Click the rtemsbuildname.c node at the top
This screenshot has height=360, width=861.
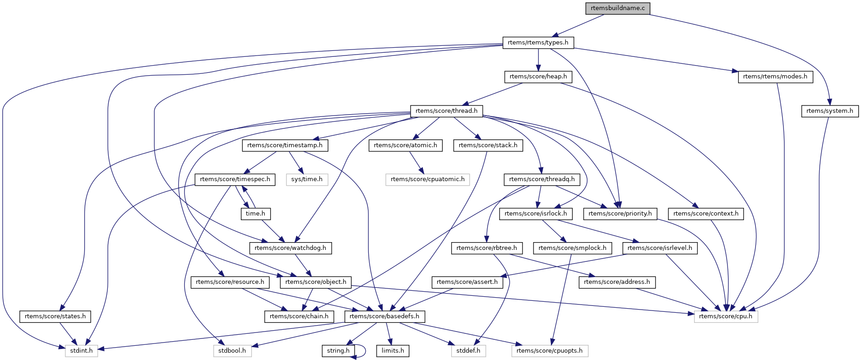(x=617, y=8)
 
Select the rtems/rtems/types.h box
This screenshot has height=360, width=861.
(x=538, y=43)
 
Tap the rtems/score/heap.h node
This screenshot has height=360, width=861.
(x=538, y=77)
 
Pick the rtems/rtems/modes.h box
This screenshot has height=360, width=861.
(x=775, y=77)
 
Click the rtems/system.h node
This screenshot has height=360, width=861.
(x=829, y=111)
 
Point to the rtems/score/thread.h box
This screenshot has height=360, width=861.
(x=446, y=111)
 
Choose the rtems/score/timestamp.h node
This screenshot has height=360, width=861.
(x=285, y=145)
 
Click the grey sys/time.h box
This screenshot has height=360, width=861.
(x=307, y=179)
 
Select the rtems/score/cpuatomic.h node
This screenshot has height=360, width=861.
(x=428, y=179)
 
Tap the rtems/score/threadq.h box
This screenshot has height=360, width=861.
(x=542, y=179)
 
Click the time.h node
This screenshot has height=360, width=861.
(x=256, y=214)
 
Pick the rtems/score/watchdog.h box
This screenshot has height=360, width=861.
(x=290, y=248)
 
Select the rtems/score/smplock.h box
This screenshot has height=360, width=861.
(x=572, y=248)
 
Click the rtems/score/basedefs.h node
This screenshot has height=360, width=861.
(x=384, y=316)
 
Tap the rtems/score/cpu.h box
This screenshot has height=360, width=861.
(x=726, y=316)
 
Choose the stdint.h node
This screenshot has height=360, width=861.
(x=82, y=351)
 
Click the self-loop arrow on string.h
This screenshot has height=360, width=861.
(x=363, y=351)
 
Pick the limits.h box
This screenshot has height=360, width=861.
(x=393, y=351)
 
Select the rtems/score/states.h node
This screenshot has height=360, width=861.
(x=55, y=316)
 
